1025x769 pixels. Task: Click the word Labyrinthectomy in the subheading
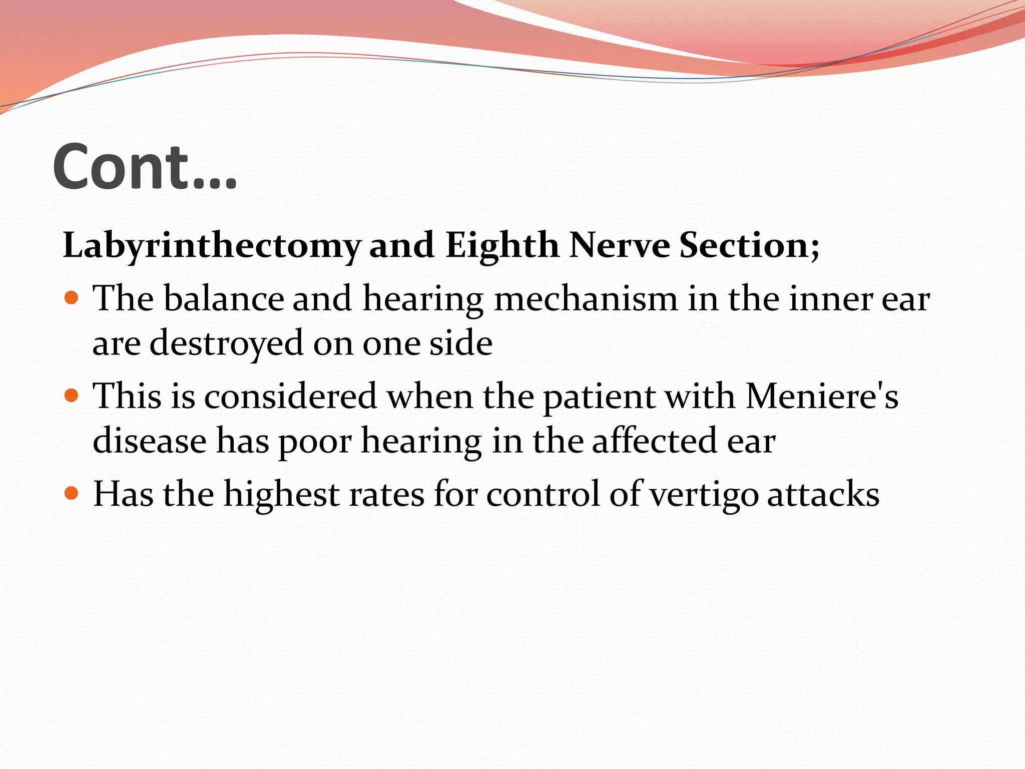click(212, 246)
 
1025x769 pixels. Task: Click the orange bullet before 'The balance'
click(72, 298)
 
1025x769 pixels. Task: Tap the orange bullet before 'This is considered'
click(72, 397)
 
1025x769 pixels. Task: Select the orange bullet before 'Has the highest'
click(72, 494)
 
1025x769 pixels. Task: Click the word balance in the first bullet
click(224, 299)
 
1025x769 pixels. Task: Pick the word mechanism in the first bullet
click(586, 299)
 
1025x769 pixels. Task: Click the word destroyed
click(226, 344)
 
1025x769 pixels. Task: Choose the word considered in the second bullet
click(290, 397)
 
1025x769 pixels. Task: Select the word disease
click(150, 441)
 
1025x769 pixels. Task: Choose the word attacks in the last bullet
click(823, 494)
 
